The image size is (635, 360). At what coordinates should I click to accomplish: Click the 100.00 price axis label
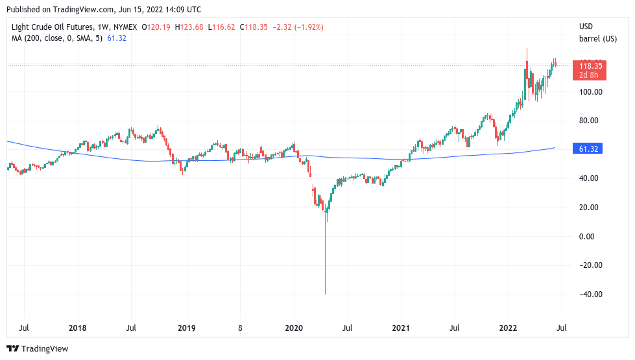coord(590,92)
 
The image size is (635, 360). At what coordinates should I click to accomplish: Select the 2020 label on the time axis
coord(294,328)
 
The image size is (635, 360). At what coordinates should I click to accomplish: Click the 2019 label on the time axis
coord(186,328)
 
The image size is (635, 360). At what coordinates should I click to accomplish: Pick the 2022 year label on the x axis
coord(509,328)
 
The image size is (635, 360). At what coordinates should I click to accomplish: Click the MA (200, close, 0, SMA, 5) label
coord(57,38)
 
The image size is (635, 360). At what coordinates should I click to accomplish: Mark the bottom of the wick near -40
coord(325,294)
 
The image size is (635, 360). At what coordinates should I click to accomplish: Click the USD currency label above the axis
coord(586,27)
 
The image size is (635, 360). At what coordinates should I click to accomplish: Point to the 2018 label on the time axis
coord(77,328)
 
